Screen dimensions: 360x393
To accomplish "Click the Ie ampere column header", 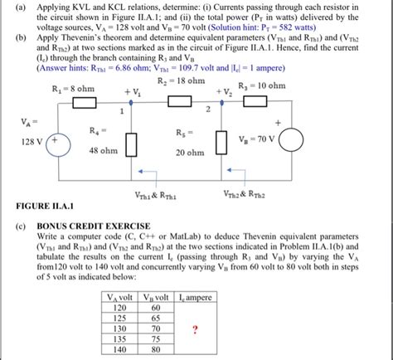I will [x=194, y=296].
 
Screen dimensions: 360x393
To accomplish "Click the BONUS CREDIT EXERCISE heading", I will [x=90, y=226].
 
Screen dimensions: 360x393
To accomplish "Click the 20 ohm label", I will [x=190, y=153].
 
